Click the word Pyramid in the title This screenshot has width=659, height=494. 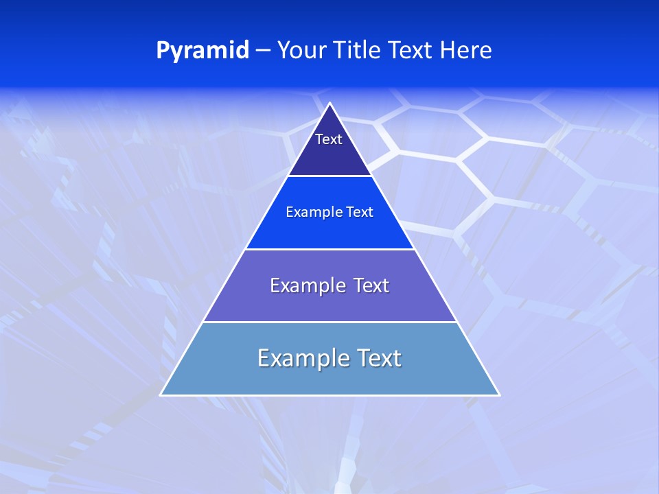(203, 51)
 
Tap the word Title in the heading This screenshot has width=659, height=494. (360, 51)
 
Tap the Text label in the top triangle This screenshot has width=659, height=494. (329, 139)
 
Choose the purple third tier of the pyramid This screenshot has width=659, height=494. (329, 305)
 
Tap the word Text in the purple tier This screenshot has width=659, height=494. (371, 285)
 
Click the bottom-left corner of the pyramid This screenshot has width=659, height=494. (161, 395)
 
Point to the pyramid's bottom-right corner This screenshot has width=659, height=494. (499, 395)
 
